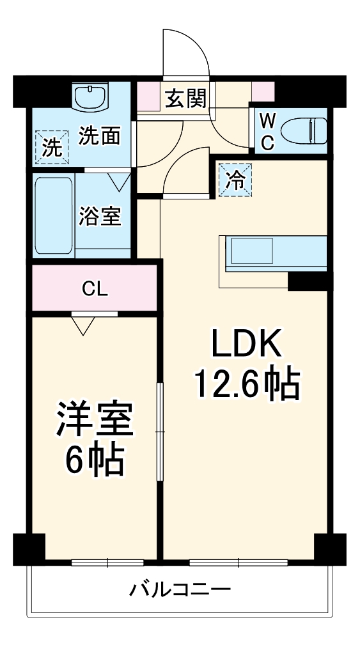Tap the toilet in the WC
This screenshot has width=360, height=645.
pyautogui.click(x=304, y=132)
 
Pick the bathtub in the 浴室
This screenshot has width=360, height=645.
pyautogui.click(x=54, y=215)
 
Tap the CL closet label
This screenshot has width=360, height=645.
pyautogui.click(x=95, y=289)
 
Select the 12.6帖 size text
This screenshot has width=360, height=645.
pyautogui.click(x=247, y=384)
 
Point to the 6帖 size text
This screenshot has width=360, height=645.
pyautogui.click(x=95, y=459)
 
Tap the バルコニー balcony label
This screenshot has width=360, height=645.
pyautogui.click(x=180, y=589)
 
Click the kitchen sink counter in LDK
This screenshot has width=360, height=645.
pyautogui.click(x=275, y=253)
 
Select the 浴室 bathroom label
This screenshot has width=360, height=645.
pyautogui.click(x=100, y=216)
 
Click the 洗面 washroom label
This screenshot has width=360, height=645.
pyautogui.click(x=100, y=136)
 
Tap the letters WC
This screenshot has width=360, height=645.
pyautogui.click(x=268, y=132)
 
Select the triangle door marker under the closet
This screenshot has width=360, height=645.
pyautogui.click(x=82, y=325)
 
